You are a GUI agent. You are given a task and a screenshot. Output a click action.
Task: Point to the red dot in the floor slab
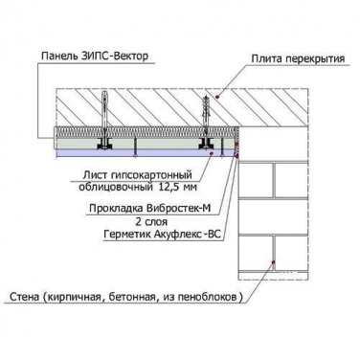click(217, 96)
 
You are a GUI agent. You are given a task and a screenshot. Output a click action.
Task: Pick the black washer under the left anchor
click(104, 145)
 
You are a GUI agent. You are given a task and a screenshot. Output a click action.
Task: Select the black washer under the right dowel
click(206, 145)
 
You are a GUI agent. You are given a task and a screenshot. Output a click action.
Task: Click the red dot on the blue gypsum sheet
click(212, 153)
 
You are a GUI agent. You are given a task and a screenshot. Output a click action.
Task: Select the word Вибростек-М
click(178, 209)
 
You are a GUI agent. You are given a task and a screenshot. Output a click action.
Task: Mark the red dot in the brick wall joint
click(273, 262)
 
